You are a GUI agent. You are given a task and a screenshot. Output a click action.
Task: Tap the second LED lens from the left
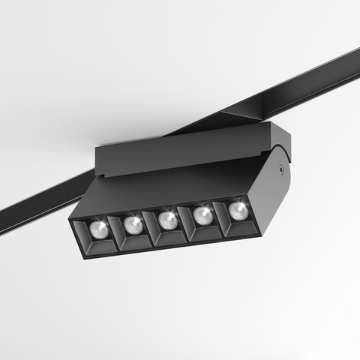[133, 224]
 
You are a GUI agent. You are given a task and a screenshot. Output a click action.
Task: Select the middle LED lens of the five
[168, 220]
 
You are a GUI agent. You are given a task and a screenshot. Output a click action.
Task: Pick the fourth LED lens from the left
[202, 214]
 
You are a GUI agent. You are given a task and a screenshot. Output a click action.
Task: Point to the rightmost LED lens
[238, 208]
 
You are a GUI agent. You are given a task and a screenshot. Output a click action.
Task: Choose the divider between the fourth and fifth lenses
[218, 216]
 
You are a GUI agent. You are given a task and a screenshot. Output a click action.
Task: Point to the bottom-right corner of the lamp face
[259, 235]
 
